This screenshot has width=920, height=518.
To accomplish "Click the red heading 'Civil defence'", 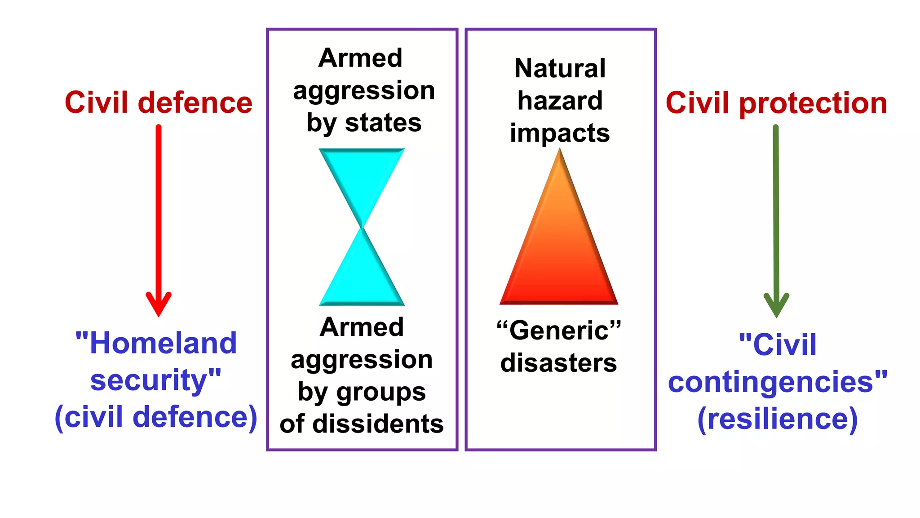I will coord(159,103).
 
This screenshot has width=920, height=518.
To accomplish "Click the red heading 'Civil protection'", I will coord(776,103).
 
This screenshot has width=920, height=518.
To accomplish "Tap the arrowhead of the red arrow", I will coord(159,304).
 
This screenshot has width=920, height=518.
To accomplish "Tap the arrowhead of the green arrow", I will coord(776,305).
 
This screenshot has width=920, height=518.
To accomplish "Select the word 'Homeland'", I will coord(163,343).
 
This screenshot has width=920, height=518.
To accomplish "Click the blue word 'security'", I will coord(148,380).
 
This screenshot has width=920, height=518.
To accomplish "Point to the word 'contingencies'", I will coord(770,382).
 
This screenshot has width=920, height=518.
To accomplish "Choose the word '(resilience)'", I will coord(778,419).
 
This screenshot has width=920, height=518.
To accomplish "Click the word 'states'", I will coord(383,123).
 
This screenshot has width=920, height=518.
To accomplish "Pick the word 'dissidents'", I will coord(378,424).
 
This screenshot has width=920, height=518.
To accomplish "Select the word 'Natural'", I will coord(560,68).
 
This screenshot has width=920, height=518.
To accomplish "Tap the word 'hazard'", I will coord(560,100).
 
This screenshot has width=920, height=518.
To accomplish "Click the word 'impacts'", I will coord(560,133).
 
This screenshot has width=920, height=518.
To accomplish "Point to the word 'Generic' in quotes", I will coord(559,330).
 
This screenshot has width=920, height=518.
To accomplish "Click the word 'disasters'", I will coord(559,363).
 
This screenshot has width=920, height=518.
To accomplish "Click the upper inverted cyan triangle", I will coord(362,175).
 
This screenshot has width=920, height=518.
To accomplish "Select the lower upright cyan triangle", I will coord(362,279).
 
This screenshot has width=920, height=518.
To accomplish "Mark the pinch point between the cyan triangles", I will coord(362,227).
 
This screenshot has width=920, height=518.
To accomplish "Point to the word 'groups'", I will coord(381,392).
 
